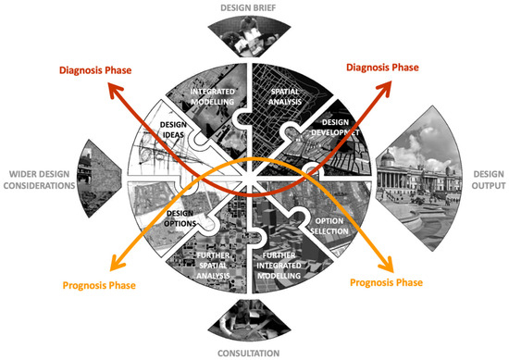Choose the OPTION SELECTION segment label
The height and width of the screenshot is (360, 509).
pyautogui.click(x=336, y=227)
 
